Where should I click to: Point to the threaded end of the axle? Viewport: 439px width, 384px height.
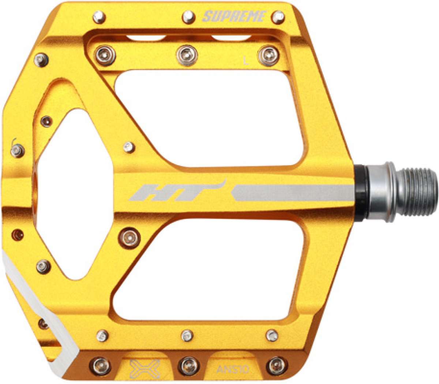417,191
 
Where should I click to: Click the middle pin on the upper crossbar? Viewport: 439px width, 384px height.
186,54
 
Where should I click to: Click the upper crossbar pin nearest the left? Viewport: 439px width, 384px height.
106,54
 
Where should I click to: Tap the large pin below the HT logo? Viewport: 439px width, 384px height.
130,237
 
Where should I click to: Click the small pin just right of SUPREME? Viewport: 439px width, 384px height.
279,16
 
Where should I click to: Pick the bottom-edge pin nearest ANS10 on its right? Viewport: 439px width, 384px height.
276,365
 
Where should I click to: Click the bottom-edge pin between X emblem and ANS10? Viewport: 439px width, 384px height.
189,365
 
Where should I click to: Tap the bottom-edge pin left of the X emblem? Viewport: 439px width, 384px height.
101,365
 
